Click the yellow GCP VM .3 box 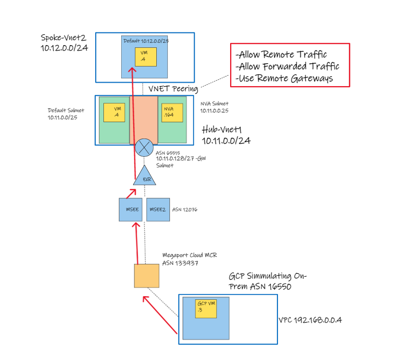(x=206, y=309)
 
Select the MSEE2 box (x=158, y=210)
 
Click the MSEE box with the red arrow (x=130, y=210)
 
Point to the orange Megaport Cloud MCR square (x=146, y=275)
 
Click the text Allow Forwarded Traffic (x=288, y=67)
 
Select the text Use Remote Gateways (x=284, y=78)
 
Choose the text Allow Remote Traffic (x=281, y=55)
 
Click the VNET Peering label (x=173, y=88)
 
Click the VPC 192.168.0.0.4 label (x=310, y=320)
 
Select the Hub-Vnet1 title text (x=226, y=135)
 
